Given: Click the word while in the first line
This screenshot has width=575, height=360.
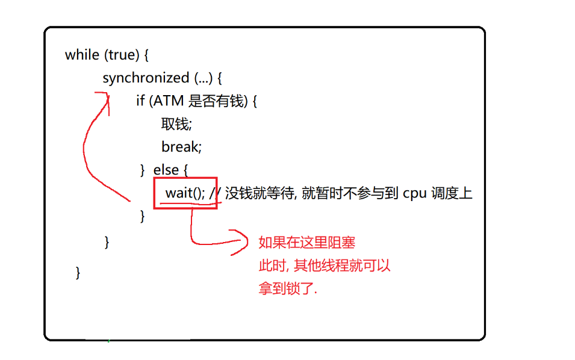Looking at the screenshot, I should [82, 55].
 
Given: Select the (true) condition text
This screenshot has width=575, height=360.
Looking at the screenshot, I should [123, 55].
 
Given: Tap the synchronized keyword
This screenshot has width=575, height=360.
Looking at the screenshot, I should [146, 78].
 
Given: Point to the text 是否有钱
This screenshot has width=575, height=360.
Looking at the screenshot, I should [214, 101].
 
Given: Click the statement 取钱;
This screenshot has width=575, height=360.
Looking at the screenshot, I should [176, 124].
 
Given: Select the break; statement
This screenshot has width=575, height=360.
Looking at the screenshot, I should [181, 147].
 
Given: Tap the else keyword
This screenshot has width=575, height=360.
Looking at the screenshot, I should [166, 170].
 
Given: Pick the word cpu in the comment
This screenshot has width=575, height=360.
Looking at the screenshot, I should [415, 193].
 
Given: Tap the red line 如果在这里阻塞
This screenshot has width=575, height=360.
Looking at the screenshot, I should [306, 243].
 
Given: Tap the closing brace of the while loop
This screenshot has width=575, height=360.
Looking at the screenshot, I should [78, 272].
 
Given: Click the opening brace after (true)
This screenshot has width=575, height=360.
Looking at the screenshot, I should [146, 55].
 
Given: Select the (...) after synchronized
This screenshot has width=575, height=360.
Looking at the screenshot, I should [204, 78].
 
